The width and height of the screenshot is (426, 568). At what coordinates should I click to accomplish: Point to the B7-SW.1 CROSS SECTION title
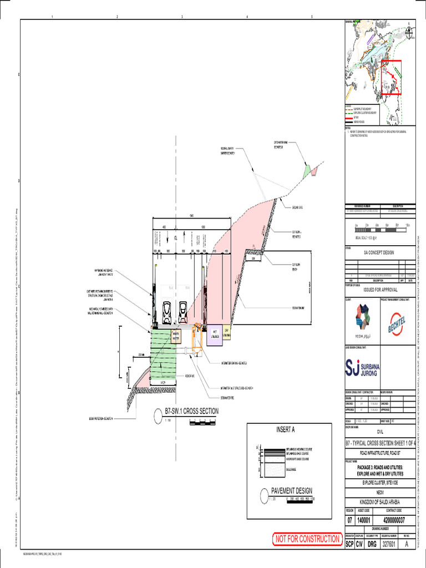tap(191, 411)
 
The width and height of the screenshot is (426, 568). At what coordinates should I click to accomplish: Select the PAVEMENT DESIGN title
tap(291, 490)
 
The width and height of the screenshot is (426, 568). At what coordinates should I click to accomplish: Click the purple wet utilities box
tap(214, 335)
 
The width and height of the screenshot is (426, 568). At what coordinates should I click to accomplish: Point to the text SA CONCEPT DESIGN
tap(380, 251)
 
